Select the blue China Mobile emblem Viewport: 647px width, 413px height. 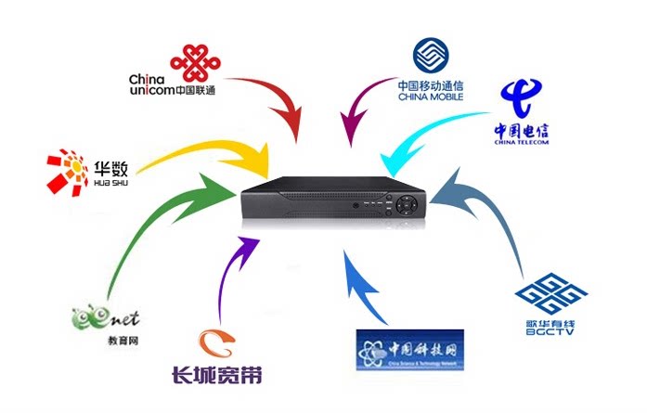[430, 57]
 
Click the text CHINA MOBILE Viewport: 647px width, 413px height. [429, 97]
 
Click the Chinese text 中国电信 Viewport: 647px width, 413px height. [523, 131]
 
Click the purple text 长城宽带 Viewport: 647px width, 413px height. [216, 375]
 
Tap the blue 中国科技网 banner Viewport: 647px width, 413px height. [409, 351]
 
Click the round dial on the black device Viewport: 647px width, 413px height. [407, 204]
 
